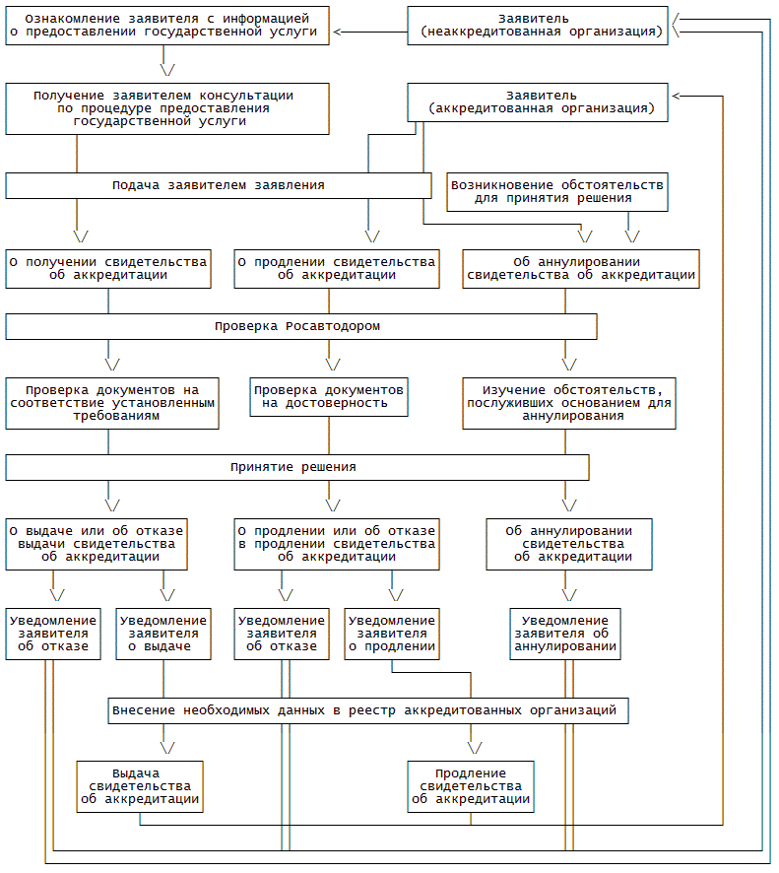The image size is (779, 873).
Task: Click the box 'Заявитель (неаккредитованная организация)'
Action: (x=537, y=25)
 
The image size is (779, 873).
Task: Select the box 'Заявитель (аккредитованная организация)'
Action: (x=537, y=102)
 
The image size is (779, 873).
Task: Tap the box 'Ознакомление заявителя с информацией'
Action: (x=166, y=25)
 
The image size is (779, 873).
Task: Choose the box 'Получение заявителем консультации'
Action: (x=166, y=108)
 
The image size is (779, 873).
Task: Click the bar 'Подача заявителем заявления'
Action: (x=218, y=185)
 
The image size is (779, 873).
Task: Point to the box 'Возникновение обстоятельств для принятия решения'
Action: (x=556, y=191)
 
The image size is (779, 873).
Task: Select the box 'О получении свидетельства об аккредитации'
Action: (x=108, y=268)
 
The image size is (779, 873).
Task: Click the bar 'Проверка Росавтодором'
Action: (x=300, y=326)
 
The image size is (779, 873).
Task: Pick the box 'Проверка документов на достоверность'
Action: (x=328, y=396)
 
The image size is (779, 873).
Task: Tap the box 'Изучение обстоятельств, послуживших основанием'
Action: (x=570, y=403)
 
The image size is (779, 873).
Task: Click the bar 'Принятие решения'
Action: (x=296, y=467)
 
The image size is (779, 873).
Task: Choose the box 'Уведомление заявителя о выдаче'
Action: (x=163, y=634)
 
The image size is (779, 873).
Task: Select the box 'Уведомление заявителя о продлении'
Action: (x=392, y=634)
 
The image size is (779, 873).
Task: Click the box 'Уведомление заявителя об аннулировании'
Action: (x=565, y=634)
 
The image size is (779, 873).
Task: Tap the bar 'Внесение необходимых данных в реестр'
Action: (x=367, y=710)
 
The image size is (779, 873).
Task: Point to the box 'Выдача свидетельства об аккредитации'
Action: (x=140, y=786)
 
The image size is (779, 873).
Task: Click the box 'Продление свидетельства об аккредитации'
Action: (x=471, y=786)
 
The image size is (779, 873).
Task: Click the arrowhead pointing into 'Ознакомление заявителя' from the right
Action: (x=339, y=33)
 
